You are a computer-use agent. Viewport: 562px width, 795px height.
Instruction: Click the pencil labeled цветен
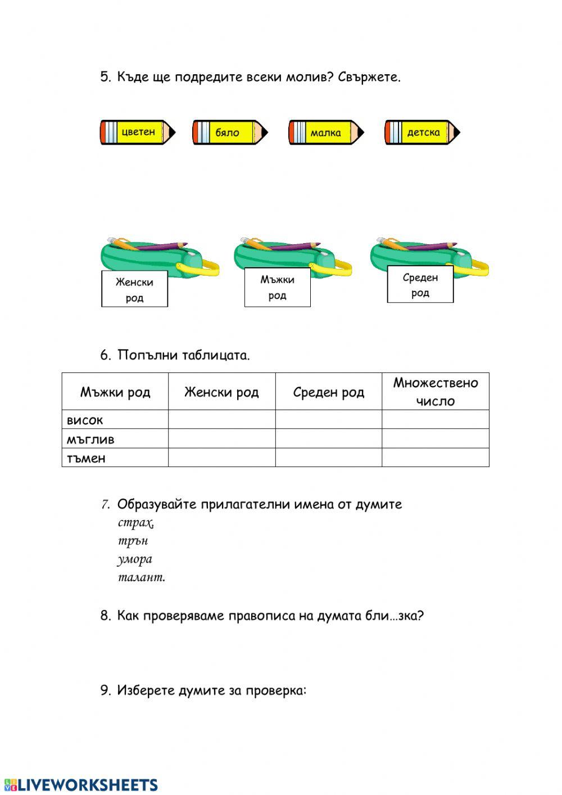tap(138, 133)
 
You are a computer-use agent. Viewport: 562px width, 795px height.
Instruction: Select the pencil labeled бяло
tap(230, 133)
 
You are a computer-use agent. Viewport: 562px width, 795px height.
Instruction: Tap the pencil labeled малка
tap(326, 133)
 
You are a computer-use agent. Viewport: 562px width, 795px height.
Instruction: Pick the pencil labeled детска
tap(422, 133)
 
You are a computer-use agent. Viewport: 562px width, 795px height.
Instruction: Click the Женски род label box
tap(134, 289)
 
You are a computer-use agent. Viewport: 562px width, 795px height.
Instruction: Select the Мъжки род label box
tap(277, 287)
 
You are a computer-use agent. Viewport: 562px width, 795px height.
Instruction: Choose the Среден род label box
tap(420, 285)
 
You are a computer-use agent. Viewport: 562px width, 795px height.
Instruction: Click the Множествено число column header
tap(435, 392)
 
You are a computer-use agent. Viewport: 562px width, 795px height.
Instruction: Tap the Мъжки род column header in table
tap(115, 392)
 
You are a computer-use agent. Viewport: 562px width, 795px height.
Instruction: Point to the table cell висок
tap(85, 420)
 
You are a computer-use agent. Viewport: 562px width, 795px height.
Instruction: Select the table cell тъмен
tap(86, 458)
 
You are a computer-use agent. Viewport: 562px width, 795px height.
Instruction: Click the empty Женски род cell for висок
tap(221, 420)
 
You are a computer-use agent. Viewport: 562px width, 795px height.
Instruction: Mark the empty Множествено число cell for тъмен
tap(435, 457)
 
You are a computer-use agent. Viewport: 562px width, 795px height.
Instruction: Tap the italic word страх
tap(135, 523)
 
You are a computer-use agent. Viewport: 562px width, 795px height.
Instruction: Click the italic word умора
tap(135, 559)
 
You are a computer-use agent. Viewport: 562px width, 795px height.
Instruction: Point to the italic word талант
tap(142, 577)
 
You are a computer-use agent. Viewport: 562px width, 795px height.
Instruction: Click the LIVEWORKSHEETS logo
tap(81, 785)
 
